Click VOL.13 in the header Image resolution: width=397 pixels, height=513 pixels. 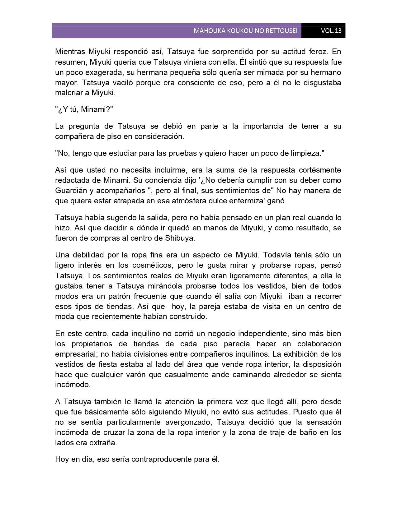tap(331, 31)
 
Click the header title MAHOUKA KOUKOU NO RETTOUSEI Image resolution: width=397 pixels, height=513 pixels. tap(245, 31)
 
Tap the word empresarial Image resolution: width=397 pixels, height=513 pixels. tap(73, 354)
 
